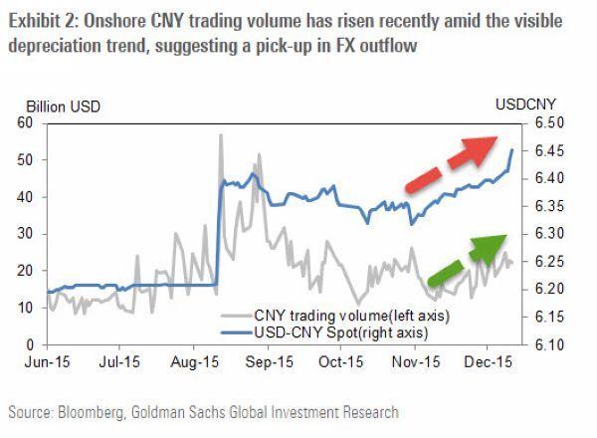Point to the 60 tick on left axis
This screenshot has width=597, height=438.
click(x=27, y=122)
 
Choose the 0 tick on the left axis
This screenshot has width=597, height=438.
click(x=31, y=344)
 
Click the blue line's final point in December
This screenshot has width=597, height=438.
click(x=511, y=150)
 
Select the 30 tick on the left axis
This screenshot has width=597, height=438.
click(x=27, y=234)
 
